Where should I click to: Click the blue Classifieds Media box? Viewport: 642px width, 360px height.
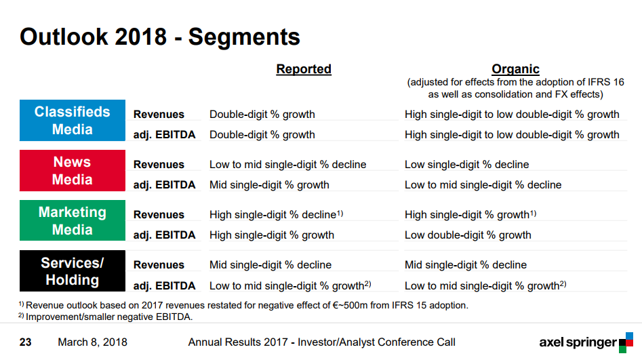73,121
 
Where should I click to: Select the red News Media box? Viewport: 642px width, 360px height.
73,170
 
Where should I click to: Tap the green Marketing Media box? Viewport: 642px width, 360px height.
73,220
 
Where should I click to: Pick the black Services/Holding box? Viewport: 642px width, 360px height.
73,271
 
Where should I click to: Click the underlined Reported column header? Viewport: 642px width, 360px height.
304,69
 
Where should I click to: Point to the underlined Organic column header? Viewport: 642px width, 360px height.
515,69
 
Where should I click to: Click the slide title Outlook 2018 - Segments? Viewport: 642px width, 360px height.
160,37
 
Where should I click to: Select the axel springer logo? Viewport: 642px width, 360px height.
586,342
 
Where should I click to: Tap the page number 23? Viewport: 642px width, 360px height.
25,342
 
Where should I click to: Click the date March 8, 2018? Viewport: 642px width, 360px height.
92,342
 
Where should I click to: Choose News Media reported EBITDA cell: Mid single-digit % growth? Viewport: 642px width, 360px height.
269,184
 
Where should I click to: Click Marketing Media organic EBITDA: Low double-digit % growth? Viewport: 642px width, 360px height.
468,235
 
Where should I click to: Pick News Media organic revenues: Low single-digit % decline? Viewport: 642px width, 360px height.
467,164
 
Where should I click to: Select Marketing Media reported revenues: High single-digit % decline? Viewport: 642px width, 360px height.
277,214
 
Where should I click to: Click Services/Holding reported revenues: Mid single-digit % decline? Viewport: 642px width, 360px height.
270,264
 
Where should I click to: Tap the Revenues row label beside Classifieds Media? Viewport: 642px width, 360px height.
159,115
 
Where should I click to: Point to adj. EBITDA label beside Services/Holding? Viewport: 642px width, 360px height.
164,285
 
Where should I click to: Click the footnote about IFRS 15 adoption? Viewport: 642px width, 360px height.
243,305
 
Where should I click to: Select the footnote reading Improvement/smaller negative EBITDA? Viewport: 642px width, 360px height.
105,317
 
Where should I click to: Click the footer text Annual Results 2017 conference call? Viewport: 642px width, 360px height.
321,342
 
